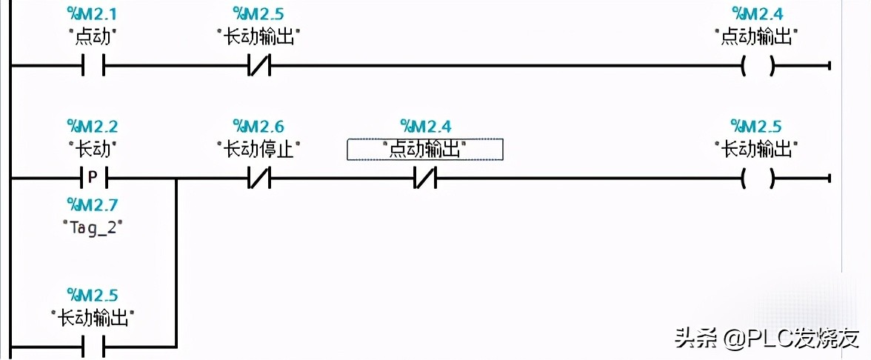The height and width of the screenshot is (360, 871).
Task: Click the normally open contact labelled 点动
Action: pyautogui.click(x=93, y=66)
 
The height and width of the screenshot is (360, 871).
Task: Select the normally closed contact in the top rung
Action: pyautogui.click(x=259, y=66)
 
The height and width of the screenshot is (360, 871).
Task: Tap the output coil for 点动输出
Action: pyautogui.click(x=758, y=66)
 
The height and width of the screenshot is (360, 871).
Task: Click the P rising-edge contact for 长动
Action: pyautogui.click(x=93, y=179)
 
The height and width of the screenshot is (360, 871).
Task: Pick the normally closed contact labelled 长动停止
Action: pyautogui.click(x=259, y=179)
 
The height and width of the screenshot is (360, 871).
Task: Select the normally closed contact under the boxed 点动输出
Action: pyautogui.click(x=425, y=179)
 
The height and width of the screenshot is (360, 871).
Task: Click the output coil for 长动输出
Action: pyautogui.click(x=758, y=179)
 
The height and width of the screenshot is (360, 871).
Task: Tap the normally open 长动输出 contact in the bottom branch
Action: pyautogui.click(x=93, y=347)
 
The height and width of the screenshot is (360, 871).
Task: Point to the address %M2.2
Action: pyautogui.click(x=93, y=126)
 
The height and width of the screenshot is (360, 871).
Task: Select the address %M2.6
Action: pyautogui.click(x=259, y=126)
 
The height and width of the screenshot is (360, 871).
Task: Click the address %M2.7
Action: pyautogui.click(x=93, y=207)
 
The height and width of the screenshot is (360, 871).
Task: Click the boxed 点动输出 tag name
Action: pyautogui.click(x=425, y=150)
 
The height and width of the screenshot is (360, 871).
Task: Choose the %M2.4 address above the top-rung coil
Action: pyautogui.click(x=757, y=13)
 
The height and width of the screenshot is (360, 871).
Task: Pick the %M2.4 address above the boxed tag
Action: pyautogui.click(x=425, y=126)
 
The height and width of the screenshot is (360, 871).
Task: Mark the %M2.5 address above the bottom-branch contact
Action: pyautogui.click(x=93, y=295)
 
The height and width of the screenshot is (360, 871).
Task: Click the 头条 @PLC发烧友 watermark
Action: pyautogui.click(x=767, y=337)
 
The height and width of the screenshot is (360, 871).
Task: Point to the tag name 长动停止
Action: pyautogui.click(x=259, y=150)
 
